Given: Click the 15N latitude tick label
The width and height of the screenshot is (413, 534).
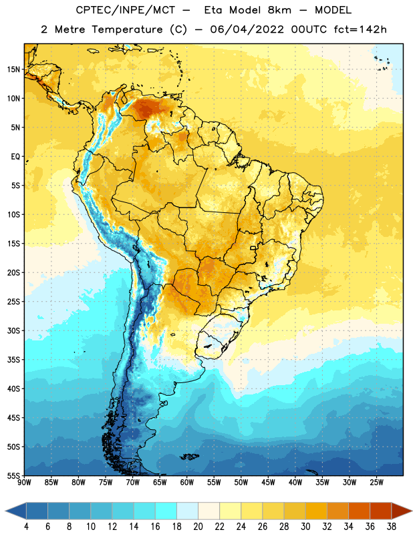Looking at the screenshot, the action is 13,69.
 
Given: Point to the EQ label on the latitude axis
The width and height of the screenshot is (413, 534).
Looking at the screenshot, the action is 15,157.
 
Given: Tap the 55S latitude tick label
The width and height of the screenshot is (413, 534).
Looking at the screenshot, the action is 13,475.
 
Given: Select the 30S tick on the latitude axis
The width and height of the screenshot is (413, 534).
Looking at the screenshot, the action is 13,330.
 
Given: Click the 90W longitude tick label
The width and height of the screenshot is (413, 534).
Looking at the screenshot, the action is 24,483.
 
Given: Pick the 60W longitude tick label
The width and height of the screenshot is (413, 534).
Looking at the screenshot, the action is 187,483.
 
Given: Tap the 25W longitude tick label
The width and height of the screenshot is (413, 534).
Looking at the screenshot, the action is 376,483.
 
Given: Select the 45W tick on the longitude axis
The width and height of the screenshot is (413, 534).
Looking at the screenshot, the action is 268,483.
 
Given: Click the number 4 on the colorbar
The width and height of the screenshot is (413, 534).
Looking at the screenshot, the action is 26,527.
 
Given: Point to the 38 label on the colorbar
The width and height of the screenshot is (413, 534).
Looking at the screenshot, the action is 391,527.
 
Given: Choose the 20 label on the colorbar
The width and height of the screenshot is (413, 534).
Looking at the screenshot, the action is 198,527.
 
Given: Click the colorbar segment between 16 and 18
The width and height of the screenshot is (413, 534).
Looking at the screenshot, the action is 166,511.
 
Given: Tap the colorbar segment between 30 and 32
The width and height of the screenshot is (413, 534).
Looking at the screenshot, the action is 316,511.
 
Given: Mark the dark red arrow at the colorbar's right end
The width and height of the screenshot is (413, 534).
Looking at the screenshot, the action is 401,511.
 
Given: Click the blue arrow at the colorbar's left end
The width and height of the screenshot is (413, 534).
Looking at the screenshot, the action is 16,511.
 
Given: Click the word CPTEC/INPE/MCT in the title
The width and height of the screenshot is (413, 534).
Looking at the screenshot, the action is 126,11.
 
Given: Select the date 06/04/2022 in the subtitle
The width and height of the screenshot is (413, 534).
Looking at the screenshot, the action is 247,29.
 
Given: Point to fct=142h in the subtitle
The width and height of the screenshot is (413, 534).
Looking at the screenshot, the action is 360,29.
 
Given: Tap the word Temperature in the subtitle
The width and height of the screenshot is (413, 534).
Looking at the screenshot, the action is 127,30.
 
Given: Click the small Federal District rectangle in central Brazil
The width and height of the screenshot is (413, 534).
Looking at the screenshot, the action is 253,248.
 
